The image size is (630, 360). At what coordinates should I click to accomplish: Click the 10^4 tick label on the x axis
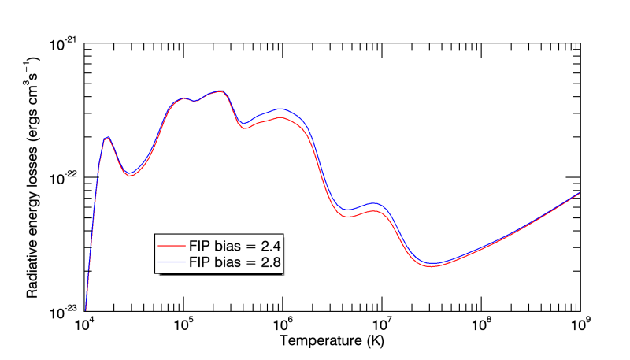(x=83, y=324)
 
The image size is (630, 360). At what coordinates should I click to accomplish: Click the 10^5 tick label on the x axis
(x=183, y=324)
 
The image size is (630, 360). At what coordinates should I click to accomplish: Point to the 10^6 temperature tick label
(x=282, y=324)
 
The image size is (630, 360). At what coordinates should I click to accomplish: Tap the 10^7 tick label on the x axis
(x=382, y=324)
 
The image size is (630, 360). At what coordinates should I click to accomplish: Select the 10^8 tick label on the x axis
(x=481, y=324)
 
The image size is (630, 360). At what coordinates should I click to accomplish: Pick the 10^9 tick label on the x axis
(x=580, y=324)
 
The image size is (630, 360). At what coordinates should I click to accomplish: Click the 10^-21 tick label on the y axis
(x=62, y=44)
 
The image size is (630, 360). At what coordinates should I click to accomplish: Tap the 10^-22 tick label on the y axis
(x=62, y=178)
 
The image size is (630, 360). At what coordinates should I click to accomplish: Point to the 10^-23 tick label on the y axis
(x=62, y=312)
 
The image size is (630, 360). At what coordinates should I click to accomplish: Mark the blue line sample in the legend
(x=170, y=261)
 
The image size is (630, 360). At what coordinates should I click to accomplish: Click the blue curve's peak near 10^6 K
(x=280, y=109)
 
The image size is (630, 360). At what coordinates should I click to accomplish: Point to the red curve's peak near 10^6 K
(x=280, y=117)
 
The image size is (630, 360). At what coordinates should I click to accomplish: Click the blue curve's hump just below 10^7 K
(x=375, y=203)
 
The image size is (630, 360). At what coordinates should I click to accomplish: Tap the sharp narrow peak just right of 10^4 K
(x=108, y=137)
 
